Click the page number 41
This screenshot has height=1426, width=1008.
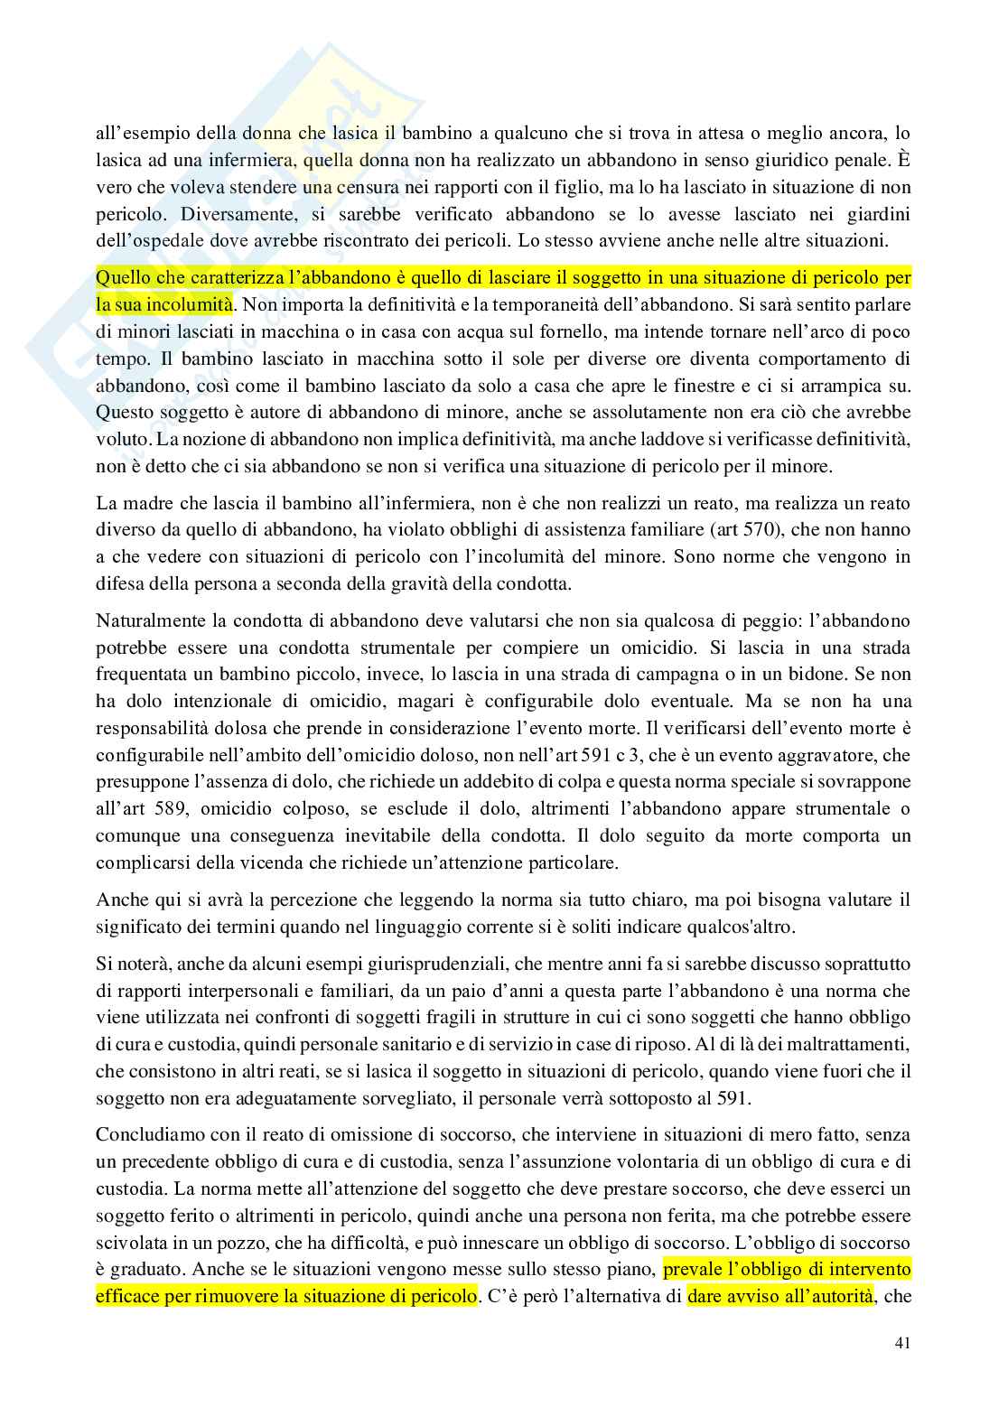[x=901, y=1367]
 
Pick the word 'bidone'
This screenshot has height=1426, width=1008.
[x=837, y=675]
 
